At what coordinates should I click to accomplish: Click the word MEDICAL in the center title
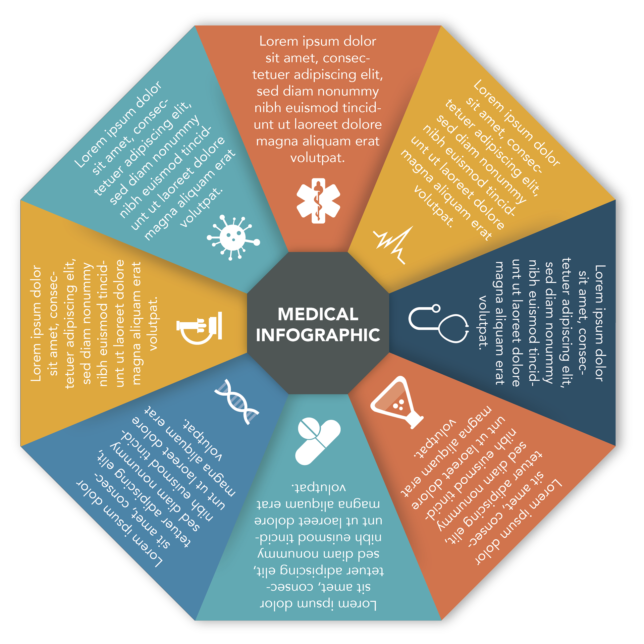[x=318, y=314]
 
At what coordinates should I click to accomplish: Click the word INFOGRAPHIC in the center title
[x=318, y=335]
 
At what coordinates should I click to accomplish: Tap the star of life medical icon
[x=318, y=201]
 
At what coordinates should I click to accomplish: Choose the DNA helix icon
[x=237, y=402]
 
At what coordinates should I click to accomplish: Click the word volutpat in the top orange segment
[x=317, y=158]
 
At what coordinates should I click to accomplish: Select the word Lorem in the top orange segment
[x=279, y=41]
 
